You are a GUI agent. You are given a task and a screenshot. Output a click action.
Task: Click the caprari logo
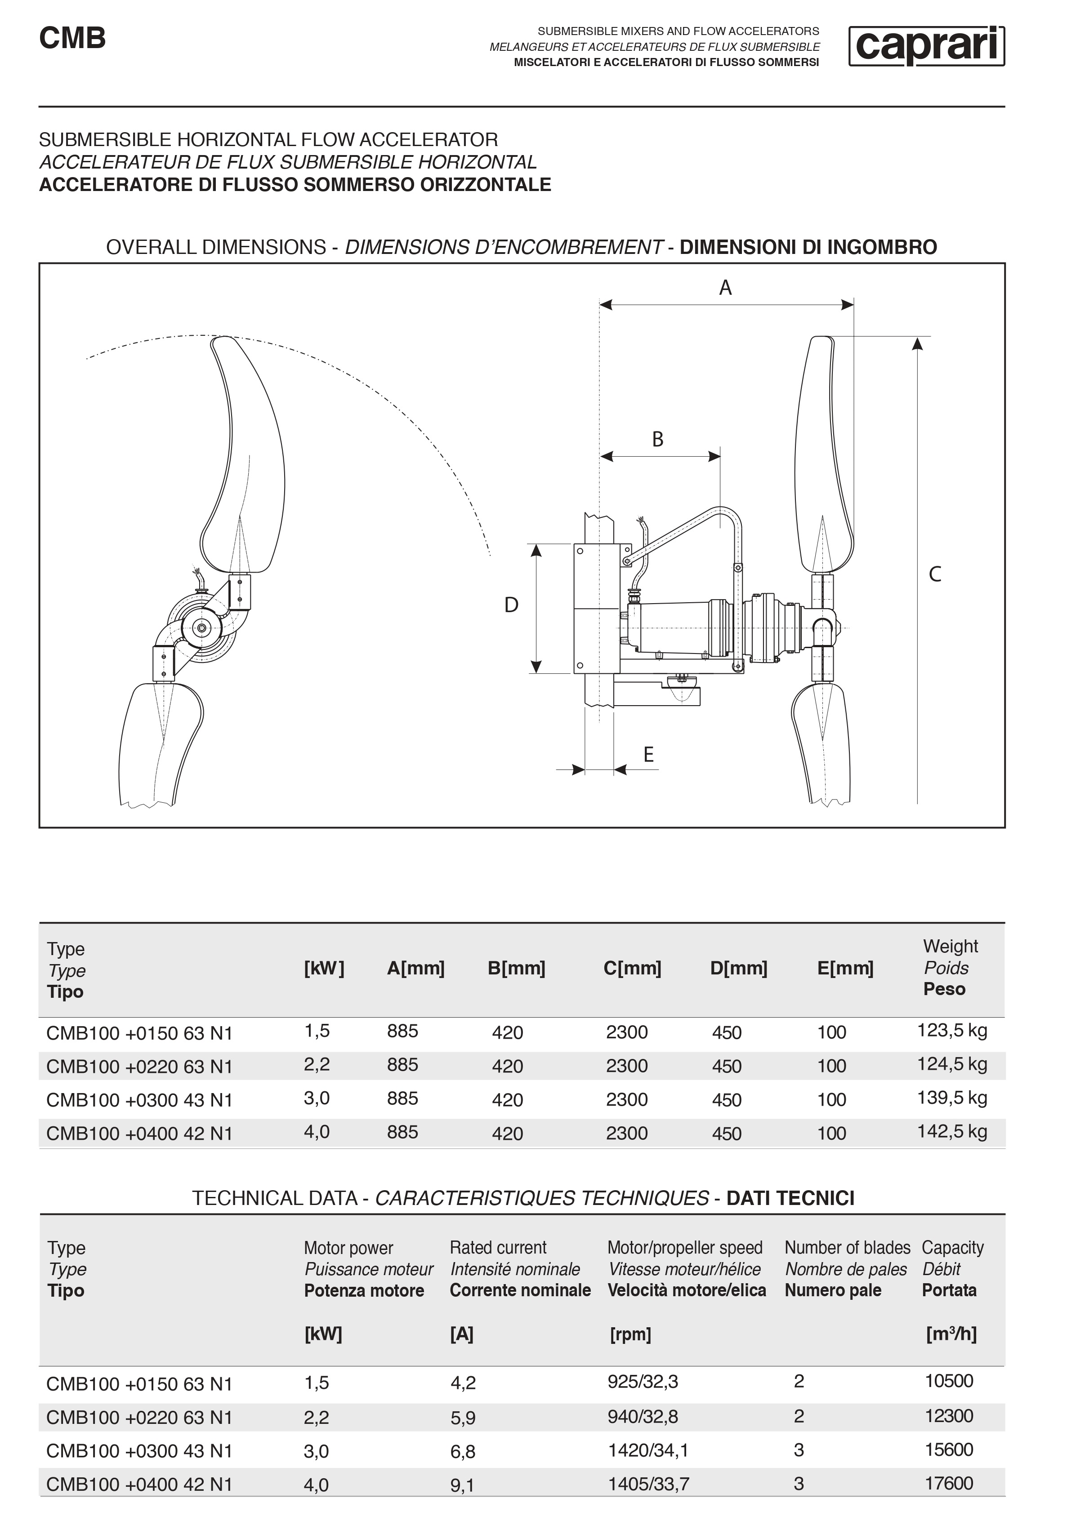tap(926, 46)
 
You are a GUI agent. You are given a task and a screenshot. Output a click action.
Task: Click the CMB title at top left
tap(72, 38)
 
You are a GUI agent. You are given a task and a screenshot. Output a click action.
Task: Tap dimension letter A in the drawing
tap(725, 288)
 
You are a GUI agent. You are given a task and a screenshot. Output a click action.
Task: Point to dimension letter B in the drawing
tap(658, 440)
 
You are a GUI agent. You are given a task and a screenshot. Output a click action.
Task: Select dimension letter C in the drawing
tap(935, 574)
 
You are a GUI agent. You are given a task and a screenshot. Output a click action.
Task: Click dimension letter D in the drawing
tap(511, 605)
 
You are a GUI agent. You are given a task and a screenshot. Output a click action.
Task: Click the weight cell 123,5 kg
tap(952, 1030)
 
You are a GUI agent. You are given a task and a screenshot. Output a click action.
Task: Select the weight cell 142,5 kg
tap(952, 1131)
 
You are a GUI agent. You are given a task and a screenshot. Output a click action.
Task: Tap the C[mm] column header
tap(632, 968)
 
